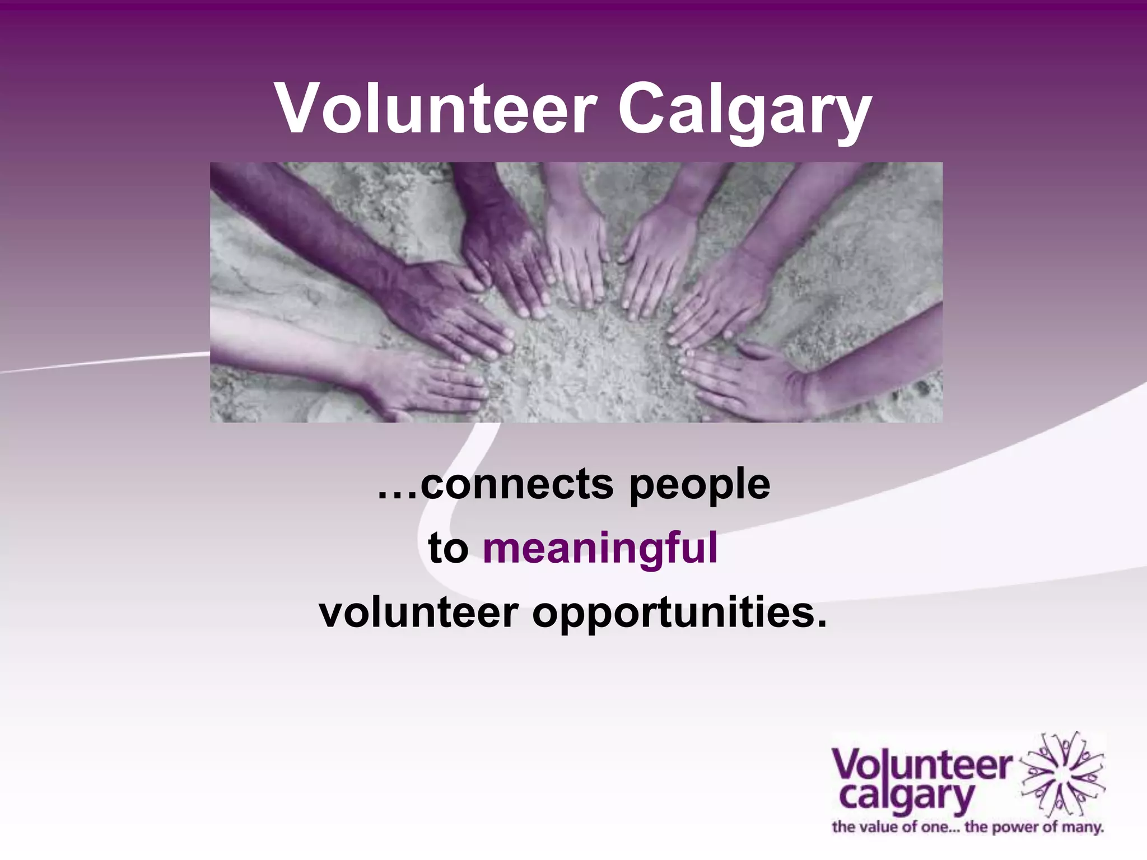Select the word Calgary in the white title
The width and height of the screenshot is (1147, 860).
pos(744,111)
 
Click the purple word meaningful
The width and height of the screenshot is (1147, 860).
pos(600,549)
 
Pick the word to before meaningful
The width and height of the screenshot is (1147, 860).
pos(448,549)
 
